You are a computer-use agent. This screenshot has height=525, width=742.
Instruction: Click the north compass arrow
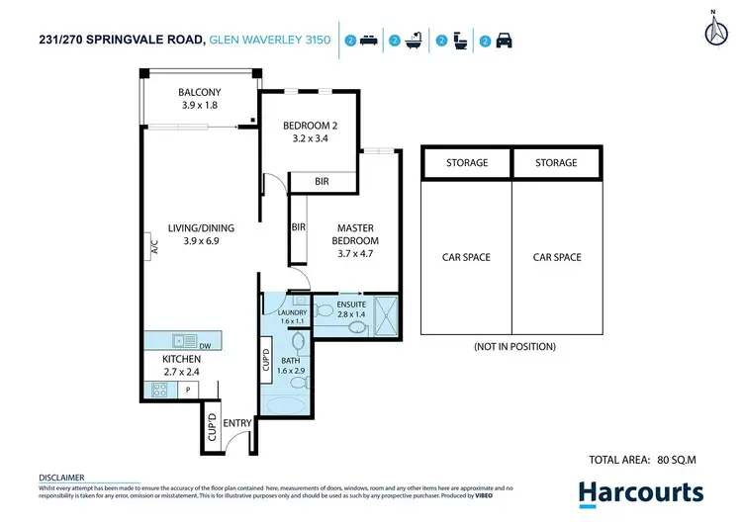pyautogui.click(x=714, y=30)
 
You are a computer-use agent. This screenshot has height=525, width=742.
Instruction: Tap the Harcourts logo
pyautogui.click(x=640, y=492)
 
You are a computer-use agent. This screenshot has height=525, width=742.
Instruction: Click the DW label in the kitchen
pyautogui.click(x=205, y=346)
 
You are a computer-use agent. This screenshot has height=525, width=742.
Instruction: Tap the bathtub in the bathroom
pyautogui.click(x=284, y=404)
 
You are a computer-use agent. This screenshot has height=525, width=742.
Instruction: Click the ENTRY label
pyautogui.click(x=237, y=423)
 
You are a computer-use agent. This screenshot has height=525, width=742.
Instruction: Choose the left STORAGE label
pyautogui.click(x=466, y=163)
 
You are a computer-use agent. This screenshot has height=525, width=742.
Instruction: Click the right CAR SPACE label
pyautogui.click(x=557, y=257)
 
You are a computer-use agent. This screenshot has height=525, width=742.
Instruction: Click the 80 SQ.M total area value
pyautogui.click(x=680, y=460)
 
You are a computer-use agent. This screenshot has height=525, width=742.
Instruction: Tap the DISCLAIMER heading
pyautogui.click(x=61, y=477)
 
